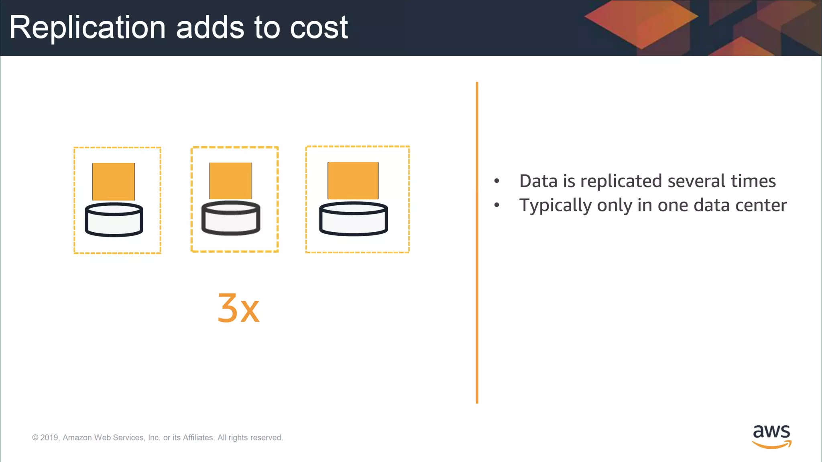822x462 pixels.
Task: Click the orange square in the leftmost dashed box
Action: [114, 181]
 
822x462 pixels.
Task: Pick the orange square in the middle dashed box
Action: [230, 180]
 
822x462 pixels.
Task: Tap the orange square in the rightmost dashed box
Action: [353, 180]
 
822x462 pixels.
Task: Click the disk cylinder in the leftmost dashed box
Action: [114, 220]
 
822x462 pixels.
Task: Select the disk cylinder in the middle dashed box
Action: [231, 218]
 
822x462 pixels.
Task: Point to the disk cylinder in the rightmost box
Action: [353, 219]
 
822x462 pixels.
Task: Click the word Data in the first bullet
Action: [538, 181]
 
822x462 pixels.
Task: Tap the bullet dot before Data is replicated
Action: [496, 181]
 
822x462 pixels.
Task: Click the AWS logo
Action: [771, 436]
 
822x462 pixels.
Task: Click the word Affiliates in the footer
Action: [198, 438]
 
